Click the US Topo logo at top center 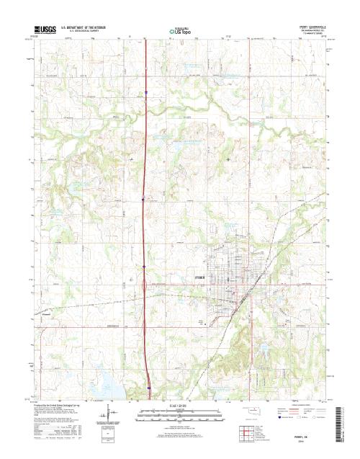pyautogui.click(x=179, y=31)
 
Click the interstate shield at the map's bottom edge pyautogui.click(x=148, y=388)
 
